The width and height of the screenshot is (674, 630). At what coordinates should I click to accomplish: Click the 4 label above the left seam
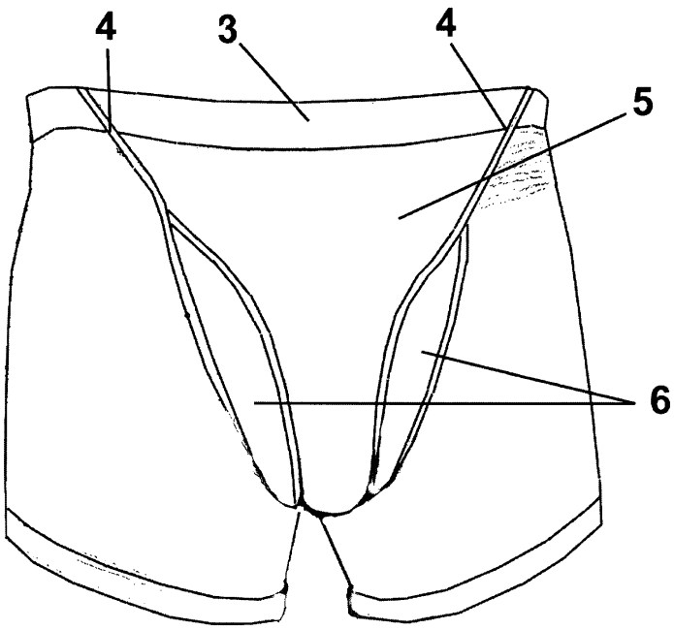point(108,28)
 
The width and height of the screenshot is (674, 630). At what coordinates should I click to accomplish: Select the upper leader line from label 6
point(524,372)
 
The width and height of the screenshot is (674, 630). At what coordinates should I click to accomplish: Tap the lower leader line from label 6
point(436,400)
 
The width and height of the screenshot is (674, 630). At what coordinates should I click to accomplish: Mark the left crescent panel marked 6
point(233,368)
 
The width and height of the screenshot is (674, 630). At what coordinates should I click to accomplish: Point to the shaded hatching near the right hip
point(524,174)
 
